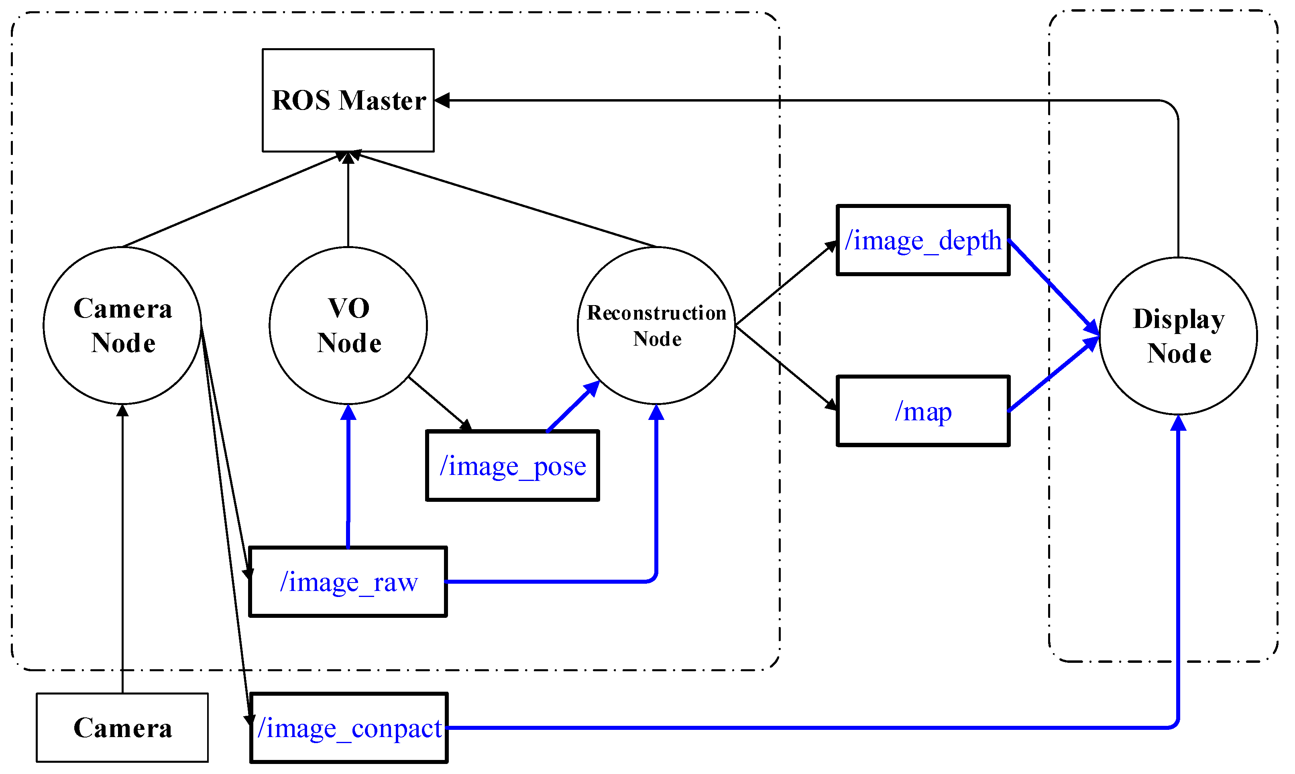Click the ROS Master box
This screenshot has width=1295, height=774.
[x=348, y=100]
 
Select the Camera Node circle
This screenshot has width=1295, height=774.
[x=122, y=326]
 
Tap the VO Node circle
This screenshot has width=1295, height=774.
[x=348, y=326]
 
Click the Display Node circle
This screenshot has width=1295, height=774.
[x=1178, y=336]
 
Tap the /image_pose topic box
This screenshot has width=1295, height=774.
[x=512, y=466]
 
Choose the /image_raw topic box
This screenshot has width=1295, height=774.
[x=348, y=582]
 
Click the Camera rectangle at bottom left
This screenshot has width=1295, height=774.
[x=122, y=727]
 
